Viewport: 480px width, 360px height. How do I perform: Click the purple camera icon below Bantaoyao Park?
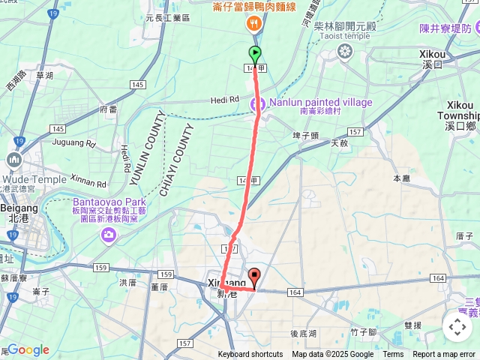coord(109,235)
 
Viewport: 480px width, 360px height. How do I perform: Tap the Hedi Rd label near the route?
coord(224,100)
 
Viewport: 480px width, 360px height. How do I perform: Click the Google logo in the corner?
coord(28,349)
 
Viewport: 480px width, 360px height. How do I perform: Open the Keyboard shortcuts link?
coord(250,355)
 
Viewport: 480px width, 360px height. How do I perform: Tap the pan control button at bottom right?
coord(457,326)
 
